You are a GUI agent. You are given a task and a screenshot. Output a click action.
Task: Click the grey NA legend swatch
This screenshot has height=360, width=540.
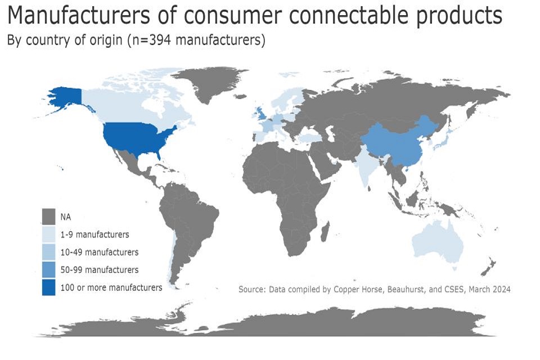coord(48,217)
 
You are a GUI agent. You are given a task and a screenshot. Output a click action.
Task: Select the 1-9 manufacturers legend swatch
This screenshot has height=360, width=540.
coord(48,234)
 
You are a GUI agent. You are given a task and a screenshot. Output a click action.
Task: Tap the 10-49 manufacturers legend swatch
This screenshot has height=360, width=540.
coord(48,252)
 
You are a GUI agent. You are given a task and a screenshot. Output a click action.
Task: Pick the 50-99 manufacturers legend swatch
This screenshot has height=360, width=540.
coord(48,269)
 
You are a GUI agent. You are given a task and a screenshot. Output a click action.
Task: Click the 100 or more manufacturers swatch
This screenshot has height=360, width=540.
coord(48,287)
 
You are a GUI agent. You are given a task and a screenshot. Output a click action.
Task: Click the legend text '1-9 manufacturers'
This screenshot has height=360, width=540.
coord(94,235)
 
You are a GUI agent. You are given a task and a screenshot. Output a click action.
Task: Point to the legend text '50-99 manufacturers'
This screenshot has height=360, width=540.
coord(100,270)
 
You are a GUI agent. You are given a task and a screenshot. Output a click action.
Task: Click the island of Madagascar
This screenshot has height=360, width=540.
coord(325,231)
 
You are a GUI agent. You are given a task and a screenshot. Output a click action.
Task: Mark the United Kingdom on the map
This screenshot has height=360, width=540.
coord(260,113)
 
